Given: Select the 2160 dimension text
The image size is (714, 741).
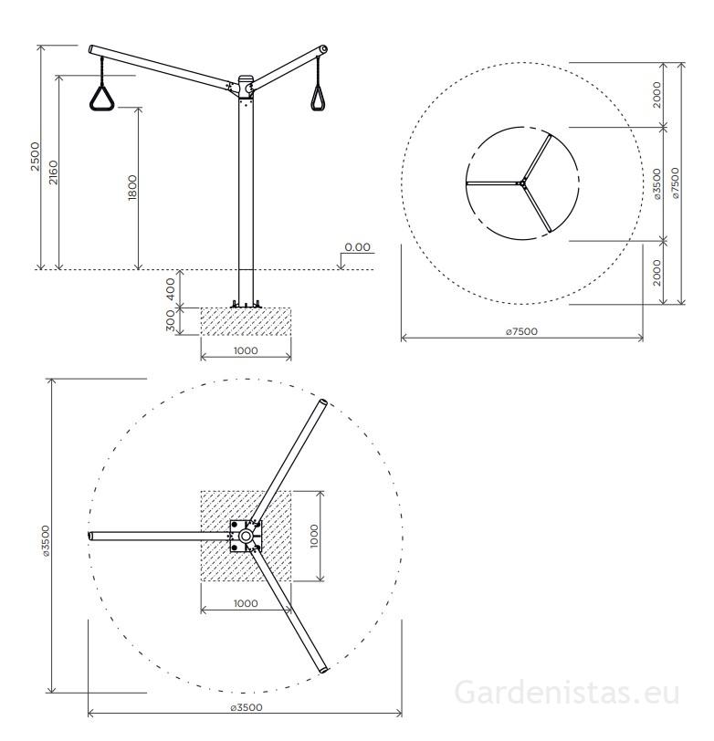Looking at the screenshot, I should tap(54, 172).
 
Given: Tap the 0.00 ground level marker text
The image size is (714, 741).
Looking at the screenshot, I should tap(358, 247).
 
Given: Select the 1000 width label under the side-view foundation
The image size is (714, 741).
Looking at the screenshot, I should tap(246, 350).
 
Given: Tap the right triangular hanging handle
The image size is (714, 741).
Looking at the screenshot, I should tap(320, 96).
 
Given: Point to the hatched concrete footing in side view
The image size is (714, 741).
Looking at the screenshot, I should tap(246, 321).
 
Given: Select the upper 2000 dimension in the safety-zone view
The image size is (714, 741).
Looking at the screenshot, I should tap(656, 94).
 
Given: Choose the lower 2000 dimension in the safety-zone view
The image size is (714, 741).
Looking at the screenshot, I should tap(656, 272).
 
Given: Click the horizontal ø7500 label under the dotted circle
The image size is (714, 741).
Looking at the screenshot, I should tap(521, 332).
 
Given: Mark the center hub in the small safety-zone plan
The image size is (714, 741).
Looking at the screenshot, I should tap(522, 183).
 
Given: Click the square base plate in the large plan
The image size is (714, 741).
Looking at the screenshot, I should tap(246, 536).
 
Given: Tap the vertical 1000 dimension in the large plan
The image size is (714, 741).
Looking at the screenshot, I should tap(313, 536).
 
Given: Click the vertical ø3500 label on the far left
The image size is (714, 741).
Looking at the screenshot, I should tap(46, 536).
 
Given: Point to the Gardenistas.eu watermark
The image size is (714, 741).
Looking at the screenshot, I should tap(566, 693).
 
